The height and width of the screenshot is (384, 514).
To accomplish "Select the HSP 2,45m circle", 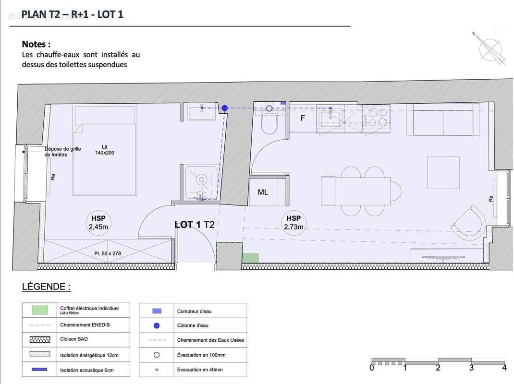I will [x=98, y=223].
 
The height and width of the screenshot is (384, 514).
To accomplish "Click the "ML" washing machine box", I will [x=263, y=192].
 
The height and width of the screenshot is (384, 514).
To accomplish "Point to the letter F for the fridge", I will [x=303, y=118].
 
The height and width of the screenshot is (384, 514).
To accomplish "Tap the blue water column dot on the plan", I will [x=224, y=108].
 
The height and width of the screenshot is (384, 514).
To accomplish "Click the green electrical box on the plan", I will [x=250, y=258].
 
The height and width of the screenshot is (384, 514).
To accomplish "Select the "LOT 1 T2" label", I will [x=194, y=225].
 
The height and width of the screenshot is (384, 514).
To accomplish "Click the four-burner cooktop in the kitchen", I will [x=376, y=117].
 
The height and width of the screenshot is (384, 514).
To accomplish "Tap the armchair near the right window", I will [x=469, y=223].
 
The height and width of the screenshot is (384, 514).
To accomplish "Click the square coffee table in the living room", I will [x=443, y=172].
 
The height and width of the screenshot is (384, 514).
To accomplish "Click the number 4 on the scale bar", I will [x=504, y=368].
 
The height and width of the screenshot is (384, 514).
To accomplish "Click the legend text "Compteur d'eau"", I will [x=194, y=312].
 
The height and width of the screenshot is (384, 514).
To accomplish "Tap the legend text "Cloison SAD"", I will [x=74, y=339].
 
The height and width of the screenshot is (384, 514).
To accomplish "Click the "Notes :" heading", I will [x=36, y=44].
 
